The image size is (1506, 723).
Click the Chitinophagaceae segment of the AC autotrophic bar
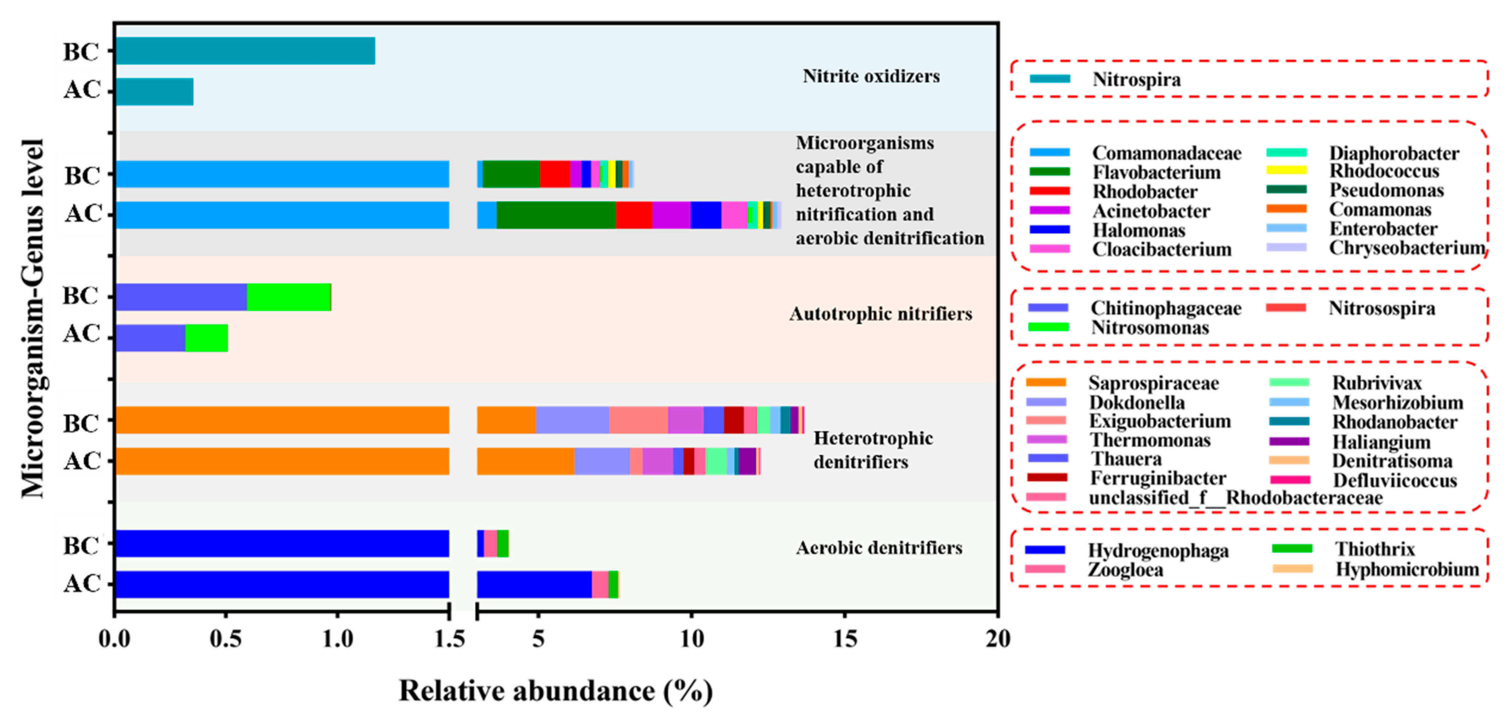pos(150,338)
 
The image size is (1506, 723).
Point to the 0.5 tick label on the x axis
pos(226,639)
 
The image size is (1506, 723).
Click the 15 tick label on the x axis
pos(845,639)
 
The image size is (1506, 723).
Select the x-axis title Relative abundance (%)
pos(555,691)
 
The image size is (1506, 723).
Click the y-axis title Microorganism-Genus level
pos(33,318)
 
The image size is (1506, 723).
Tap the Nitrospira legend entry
pos(1136,79)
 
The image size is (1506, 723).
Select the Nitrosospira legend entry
pos(1381,308)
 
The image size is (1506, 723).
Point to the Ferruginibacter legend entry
pos(1158,478)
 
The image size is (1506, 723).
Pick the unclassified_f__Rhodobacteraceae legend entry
pos(1235,497)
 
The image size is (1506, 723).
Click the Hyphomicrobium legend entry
pos(1407,569)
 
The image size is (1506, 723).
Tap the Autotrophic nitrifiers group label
pos(880,314)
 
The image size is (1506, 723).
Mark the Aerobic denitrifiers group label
pos(879,548)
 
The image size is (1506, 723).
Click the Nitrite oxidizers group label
pos(871,76)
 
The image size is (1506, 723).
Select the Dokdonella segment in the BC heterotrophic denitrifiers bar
pos(572,420)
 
